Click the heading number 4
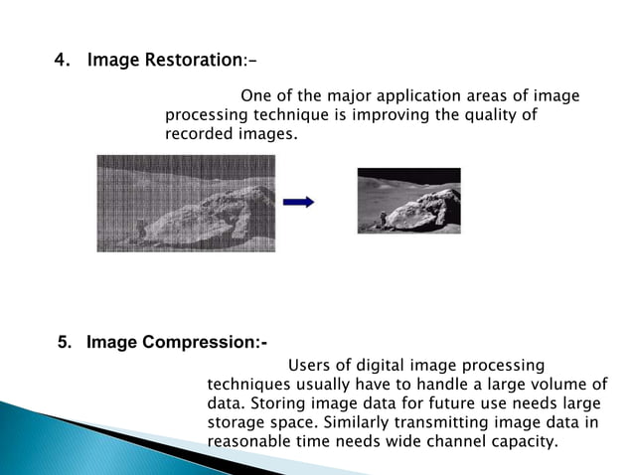pyautogui.click(x=62, y=61)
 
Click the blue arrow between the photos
pyautogui.click(x=298, y=202)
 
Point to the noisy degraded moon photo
pyautogui.click(x=186, y=203)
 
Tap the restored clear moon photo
pyautogui.click(x=408, y=201)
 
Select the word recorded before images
pyautogui.click(x=199, y=132)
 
